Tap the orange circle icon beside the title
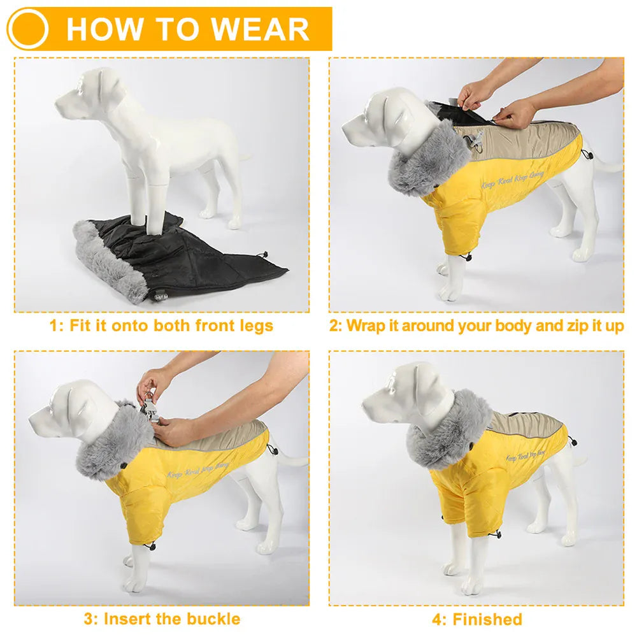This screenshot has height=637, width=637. point(27,29)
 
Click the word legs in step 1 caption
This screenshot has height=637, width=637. point(254,326)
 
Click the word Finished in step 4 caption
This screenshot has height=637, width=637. point(487,619)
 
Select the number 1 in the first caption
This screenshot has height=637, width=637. point(54,326)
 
